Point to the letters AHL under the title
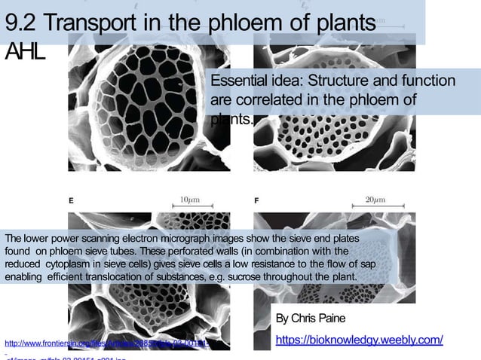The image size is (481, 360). [x=25, y=52]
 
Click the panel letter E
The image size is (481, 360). [x=71, y=201]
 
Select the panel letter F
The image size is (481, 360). [x=257, y=201]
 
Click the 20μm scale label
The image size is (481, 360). [x=375, y=200]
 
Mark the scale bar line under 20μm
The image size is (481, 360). [x=375, y=209]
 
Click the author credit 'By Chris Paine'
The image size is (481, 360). [x=310, y=318]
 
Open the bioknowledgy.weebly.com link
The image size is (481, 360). [x=359, y=340]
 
